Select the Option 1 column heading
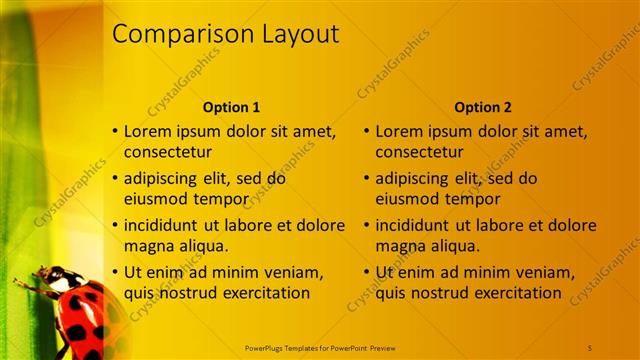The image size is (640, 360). (x=231, y=107)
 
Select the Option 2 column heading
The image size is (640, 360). (x=482, y=107)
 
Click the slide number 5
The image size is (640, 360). (x=590, y=347)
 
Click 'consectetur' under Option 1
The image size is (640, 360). (x=168, y=152)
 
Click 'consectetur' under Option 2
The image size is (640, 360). (x=419, y=152)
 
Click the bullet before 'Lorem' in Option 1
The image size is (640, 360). (x=115, y=131)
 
